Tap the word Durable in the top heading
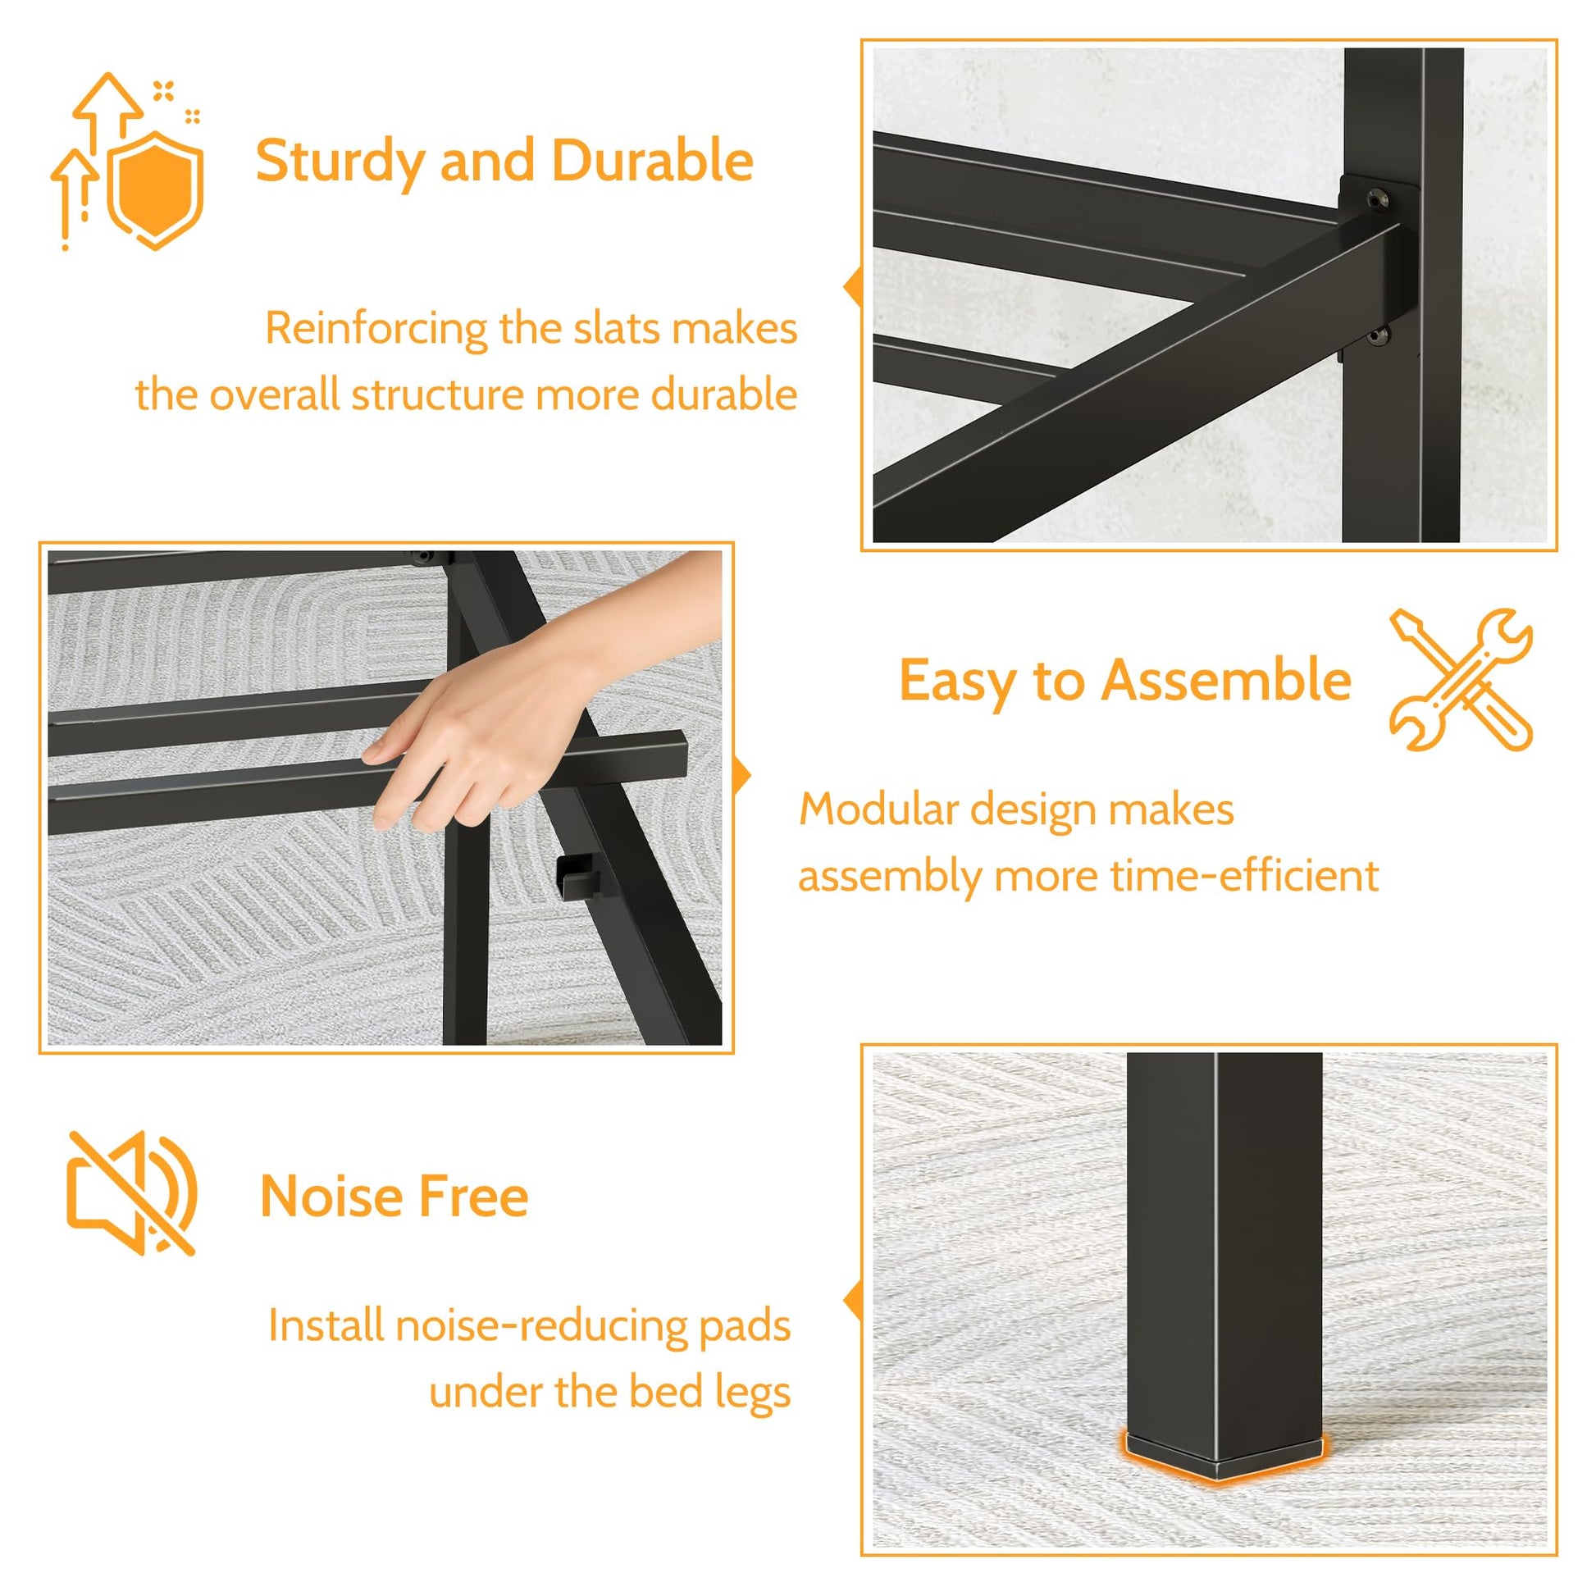point(653,160)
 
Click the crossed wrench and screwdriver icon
point(1461,680)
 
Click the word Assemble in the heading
point(1227,681)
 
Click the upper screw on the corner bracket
point(1377,199)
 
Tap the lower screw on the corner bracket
point(1376,335)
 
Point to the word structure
point(439,394)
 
